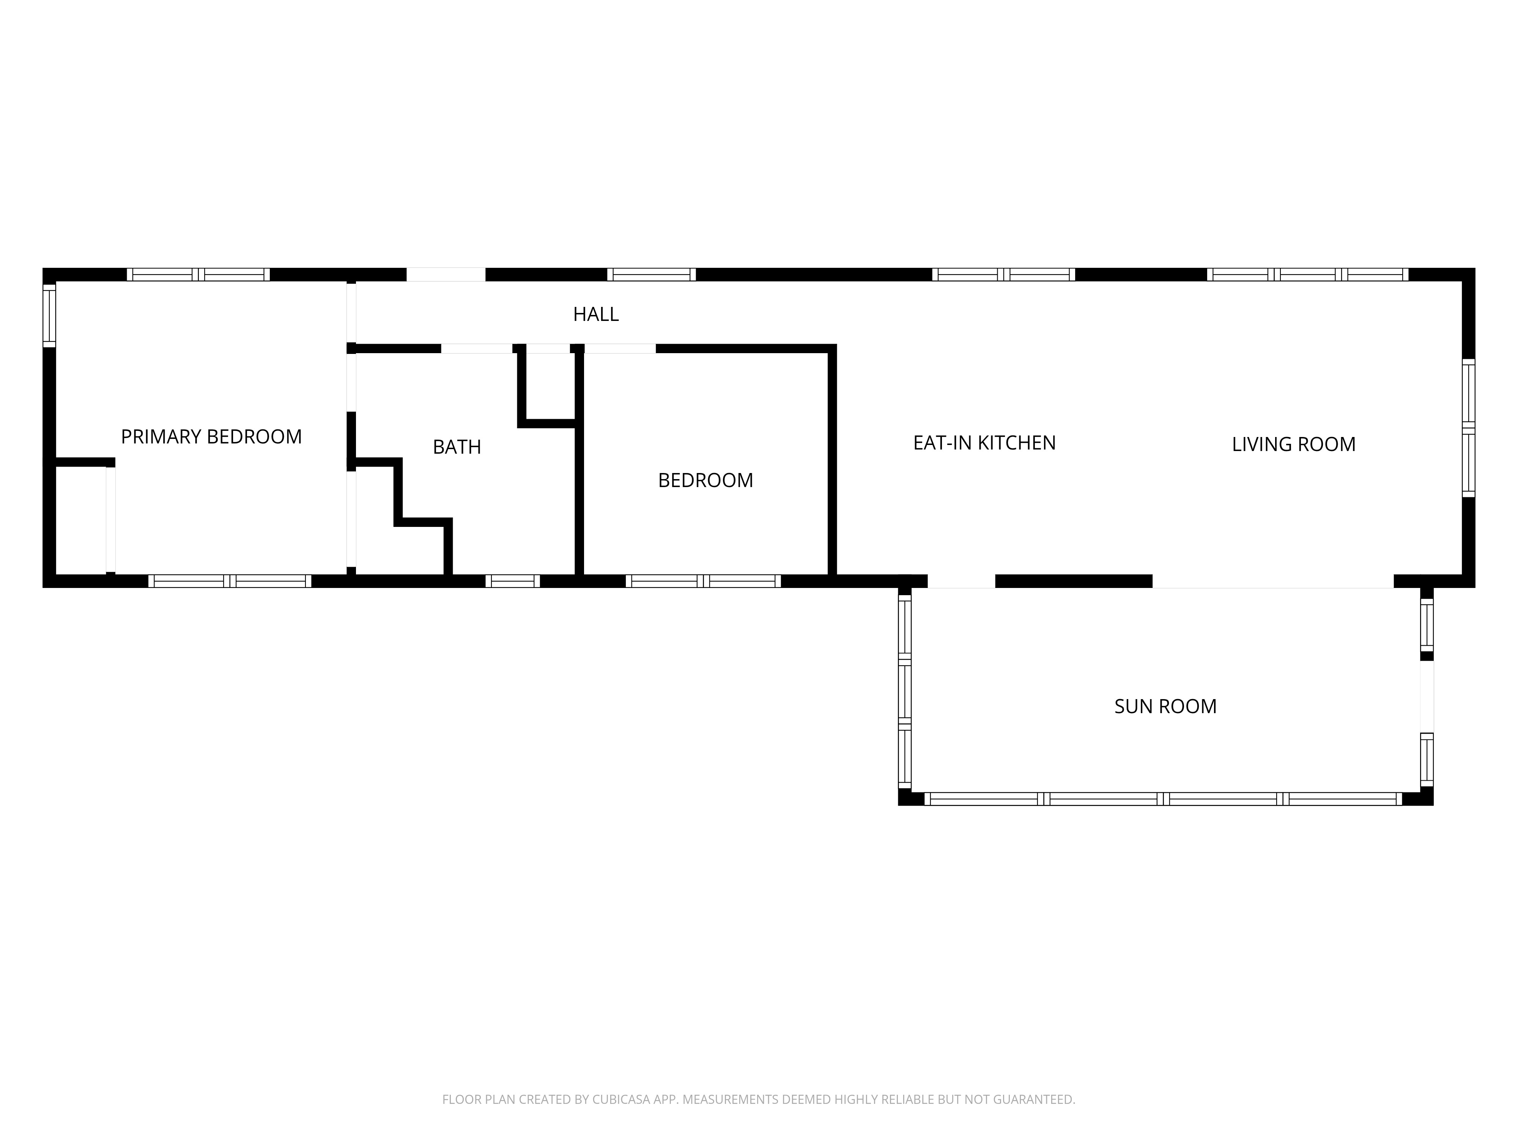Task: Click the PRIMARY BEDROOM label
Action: [x=211, y=437]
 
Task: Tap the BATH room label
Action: [x=457, y=447]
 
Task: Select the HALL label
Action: [x=596, y=314]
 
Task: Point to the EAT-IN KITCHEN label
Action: [x=984, y=443]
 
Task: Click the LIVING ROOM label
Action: [x=1294, y=445]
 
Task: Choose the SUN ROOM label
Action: [x=1165, y=707]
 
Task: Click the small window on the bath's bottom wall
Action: [x=513, y=581]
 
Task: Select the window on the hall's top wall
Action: [x=651, y=274]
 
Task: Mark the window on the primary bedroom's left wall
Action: [x=49, y=316]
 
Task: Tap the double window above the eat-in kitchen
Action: [x=1003, y=274]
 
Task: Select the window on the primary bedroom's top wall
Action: [x=198, y=274]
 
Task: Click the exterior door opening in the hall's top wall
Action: [x=446, y=274]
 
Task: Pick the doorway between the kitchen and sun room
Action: [x=961, y=581]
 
